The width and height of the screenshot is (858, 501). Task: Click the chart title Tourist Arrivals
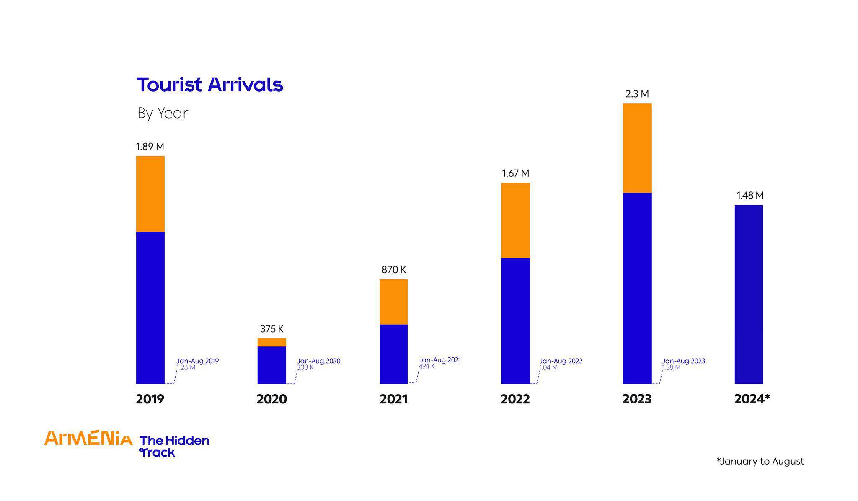pyautogui.click(x=210, y=85)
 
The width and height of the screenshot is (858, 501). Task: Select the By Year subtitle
pyautogui.click(x=163, y=113)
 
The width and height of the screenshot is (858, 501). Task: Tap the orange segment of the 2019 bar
pyautogui.click(x=150, y=194)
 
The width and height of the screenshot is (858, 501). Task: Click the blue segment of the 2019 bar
pyautogui.click(x=150, y=307)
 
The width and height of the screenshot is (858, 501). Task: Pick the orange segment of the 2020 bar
pyautogui.click(x=271, y=342)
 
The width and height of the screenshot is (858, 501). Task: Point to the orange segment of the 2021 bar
pyautogui.click(x=393, y=302)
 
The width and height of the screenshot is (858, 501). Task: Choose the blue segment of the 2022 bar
pyautogui.click(x=515, y=320)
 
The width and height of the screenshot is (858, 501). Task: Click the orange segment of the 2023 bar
pyautogui.click(x=637, y=148)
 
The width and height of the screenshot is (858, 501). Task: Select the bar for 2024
pyautogui.click(x=749, y=294)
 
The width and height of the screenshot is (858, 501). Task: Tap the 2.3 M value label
pyautogui.click(x=637, y=94)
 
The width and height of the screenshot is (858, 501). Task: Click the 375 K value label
pyautogui.click(x=271, y=329)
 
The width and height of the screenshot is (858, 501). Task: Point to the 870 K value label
pyautogui.click(x=393, y=270)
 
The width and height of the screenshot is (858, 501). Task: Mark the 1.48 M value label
pyautogui.click(x=749, y=196)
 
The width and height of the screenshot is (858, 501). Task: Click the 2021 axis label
pyautogui.click(x=393, y=399)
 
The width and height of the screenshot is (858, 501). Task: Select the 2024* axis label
pyautogui.click(x=752, y=399)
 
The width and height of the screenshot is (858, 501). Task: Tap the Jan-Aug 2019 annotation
pyautogui.click(x=197, y=361)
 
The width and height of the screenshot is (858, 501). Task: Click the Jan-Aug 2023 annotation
pyautogui.click(x=683, y=361)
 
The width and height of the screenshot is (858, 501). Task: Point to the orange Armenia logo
pyautogui.click(x=88, y=438)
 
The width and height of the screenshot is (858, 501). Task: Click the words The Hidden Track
pyautogui.click(x=174, y=447)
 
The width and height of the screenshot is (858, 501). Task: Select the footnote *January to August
pyautogui.click(x=760, y=461)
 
